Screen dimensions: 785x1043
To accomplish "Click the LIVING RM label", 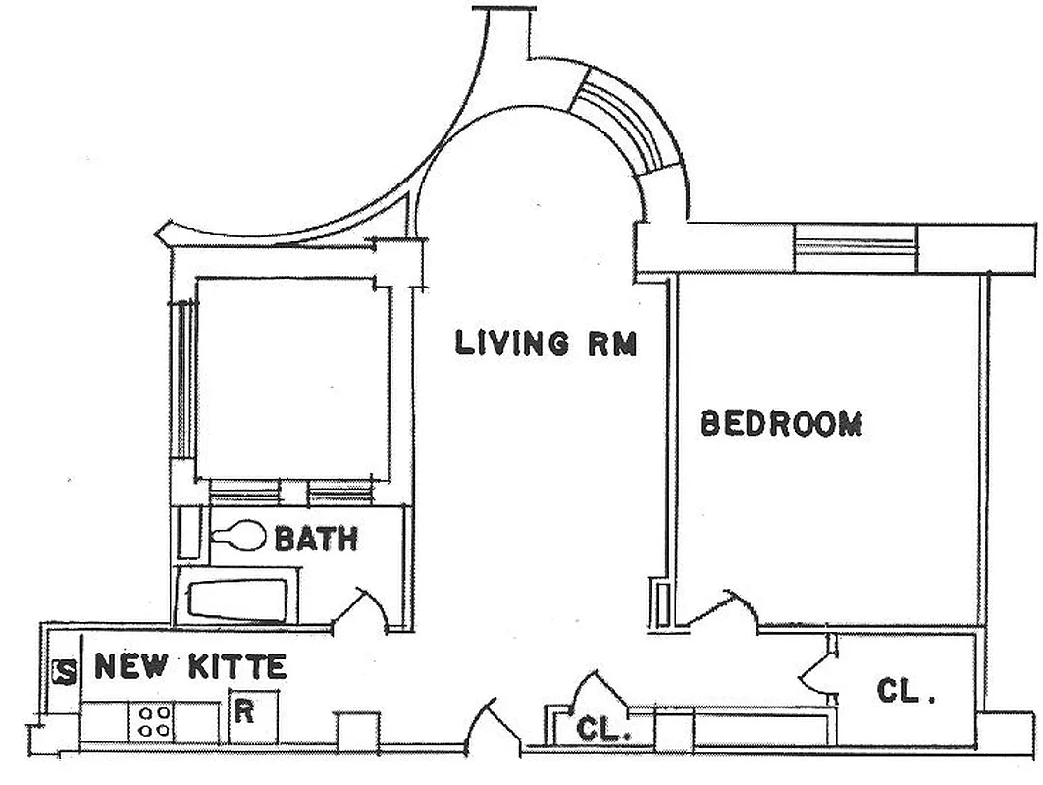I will pos(547,344).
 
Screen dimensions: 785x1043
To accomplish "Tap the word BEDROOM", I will pos(781,424).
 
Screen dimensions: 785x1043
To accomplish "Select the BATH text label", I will pos(315,539).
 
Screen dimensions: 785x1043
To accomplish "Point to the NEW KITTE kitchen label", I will pos(190,669).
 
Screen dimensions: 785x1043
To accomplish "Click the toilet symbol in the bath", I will pos(239,538).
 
